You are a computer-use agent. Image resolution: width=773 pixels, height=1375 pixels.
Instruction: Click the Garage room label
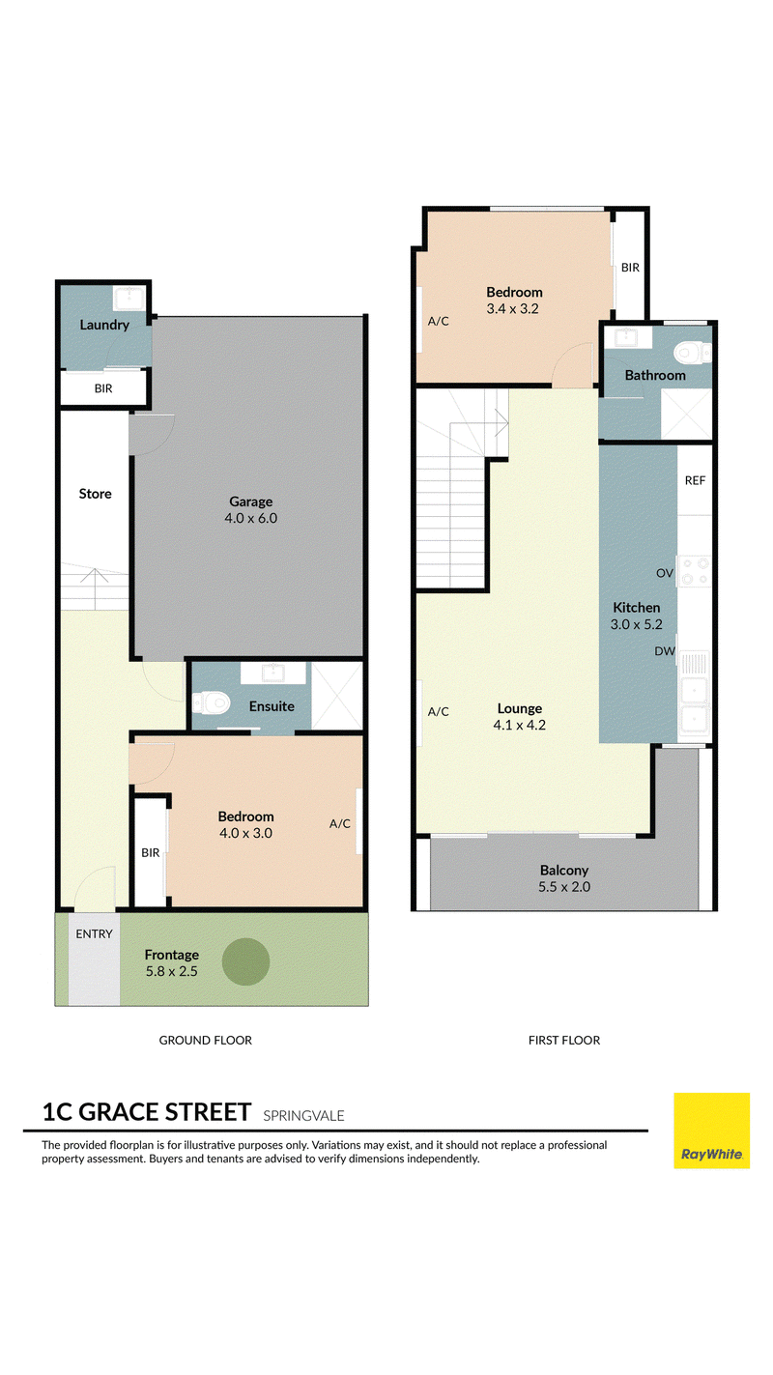pyautogui.click(x=250, y=501)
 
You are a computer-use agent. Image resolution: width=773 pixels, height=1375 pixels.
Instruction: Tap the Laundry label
pyautogui.click(x=104, y=325)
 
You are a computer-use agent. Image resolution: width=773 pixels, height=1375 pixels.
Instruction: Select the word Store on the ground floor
pyautogui.click(x=95, y=494)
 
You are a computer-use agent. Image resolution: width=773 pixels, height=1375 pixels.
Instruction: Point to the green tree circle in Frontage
pyautogui.click(x=245, y=961)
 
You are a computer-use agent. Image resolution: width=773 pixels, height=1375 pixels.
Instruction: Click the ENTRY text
pyautogui.click(x=94, y=933)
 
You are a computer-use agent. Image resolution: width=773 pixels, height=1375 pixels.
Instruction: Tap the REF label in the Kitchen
pyautogui.click(x=695, y=480)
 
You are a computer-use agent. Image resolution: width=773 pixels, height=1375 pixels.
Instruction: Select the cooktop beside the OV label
pyautogui.click(x=695, y=571)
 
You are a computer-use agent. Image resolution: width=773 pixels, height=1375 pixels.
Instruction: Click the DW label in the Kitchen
pyautogui.click(x=665, y=651)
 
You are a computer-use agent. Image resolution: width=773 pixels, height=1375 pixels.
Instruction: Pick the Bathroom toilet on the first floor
pyautogui.click(x=693, y=353)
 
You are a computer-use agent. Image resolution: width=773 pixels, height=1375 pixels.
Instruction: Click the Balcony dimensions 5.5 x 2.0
pyautogui.click(x=564, y=886)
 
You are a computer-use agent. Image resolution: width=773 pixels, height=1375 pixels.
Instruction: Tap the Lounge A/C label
pyautogui.click(x=439, y=711)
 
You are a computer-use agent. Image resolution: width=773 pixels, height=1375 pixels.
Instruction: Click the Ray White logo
pyautogui.click(x=711, y=1131)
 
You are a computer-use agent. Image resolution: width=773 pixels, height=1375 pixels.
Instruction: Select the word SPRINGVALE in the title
pyautogui.click(x=303, y=1115)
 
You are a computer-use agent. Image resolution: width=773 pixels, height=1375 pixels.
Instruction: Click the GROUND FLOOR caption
pyautogui.click(x=206, y=1040)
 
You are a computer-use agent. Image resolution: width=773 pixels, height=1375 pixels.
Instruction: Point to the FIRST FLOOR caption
pyautogui.click(x=564, y=1040)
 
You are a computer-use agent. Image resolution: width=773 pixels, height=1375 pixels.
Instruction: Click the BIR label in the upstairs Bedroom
pyautogui.click(x=631, y=268)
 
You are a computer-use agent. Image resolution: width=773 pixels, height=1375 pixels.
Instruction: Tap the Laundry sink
pyautogui.click(x=129, y=299)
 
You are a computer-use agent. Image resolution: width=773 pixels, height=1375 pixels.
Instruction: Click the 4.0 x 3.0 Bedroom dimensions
pyautogui.click(x=245, y=833)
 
